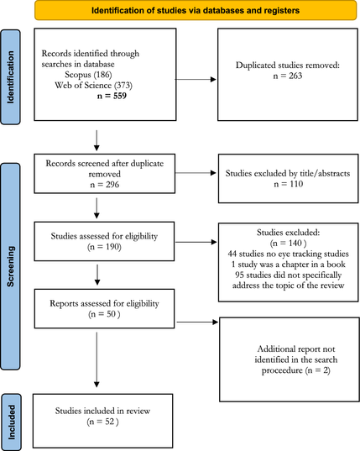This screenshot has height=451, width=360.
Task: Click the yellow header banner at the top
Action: (x=196, y=10)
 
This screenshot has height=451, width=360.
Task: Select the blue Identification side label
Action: (x=10, y=77)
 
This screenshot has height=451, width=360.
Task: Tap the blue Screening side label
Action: (x=10, y=266)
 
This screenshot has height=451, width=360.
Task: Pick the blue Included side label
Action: (x=11, y=422)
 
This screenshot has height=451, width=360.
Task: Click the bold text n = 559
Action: (x=112, y=96)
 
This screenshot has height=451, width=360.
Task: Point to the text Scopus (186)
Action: (x=88, y=75)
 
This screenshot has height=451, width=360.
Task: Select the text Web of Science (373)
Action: (x=93, y=85)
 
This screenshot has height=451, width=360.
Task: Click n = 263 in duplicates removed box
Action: (x=288, y=76)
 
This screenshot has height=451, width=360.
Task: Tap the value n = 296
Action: (x=105, y=185)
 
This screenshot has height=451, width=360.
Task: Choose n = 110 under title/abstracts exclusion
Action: (x=289, y=184)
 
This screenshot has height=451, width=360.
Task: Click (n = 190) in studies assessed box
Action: (x=104, y=247)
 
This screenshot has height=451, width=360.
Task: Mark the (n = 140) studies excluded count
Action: (x=288, y=244)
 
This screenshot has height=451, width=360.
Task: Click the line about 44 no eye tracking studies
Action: (x=288, y=254)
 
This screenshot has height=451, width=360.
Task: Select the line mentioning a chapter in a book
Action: (x=288, y=265)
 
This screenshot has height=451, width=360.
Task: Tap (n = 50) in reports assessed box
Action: (x=104, y=314)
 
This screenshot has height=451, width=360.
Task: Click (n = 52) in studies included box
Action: (x=102, y=422)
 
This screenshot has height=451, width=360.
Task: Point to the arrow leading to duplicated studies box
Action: (x=196, y=80)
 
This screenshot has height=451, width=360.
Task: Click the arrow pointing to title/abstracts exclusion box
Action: (x=196, y=172)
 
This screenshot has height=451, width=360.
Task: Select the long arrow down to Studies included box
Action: (x=97, y=359)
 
